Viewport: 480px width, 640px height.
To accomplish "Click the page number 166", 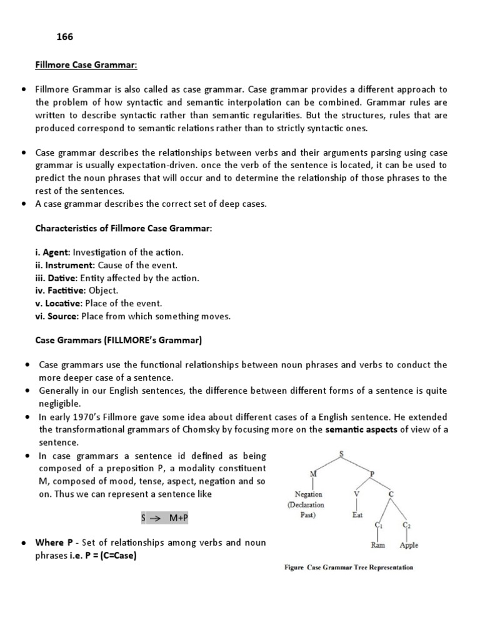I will click(64, 37).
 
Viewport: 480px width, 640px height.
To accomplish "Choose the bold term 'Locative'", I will click(61, 303).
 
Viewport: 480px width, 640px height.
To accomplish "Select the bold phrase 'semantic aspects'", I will click(361, 429).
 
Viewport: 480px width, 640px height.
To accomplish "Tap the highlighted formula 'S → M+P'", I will click(166, 519).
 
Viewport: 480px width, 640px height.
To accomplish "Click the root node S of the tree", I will click(341, 453).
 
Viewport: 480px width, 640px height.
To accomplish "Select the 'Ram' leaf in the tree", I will click(378, 545).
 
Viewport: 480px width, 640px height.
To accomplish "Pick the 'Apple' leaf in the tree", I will click(409, 545).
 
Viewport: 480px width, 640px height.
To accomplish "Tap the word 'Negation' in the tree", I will click(308, 494).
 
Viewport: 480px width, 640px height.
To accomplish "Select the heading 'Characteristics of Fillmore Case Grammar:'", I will click(123, 229).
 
